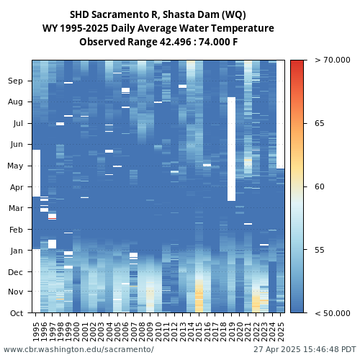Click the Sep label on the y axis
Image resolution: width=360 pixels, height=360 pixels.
pos(15,81)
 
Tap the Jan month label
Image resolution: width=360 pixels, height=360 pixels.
pos(17,251)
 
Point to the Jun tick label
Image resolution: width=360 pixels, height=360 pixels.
pos(17,145)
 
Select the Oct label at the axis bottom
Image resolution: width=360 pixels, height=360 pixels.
pos(17,313)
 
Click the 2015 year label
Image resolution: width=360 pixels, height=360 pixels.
pos(199,332)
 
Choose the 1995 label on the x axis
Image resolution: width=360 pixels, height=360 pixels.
pos(36,332)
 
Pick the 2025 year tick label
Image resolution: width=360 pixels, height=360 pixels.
pos(281,332)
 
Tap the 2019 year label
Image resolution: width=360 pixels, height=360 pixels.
pos(232,332)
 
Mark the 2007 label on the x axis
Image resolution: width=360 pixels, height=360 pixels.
pos(134,332)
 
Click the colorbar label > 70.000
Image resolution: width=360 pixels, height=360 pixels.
pos(333,60)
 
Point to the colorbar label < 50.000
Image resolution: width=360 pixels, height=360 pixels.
pos(333,313)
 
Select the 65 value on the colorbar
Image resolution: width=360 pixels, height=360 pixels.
pos(320,123)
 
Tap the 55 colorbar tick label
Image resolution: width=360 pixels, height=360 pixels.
pos(320,250)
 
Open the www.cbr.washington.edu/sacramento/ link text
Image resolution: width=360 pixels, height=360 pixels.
pos(78,349)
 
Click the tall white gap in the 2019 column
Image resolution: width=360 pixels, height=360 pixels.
pos(232,149)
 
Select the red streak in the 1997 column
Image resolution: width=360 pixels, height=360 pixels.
pos(53,219)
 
